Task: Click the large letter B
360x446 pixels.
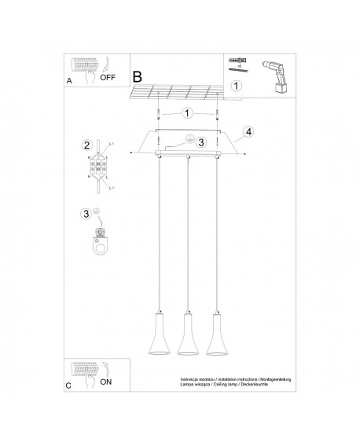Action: point(137,78)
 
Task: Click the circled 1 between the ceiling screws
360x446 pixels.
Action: point(186,112)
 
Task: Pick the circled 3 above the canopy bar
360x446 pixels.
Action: point(200,142)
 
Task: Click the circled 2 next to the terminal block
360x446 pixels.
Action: point(87,145)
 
